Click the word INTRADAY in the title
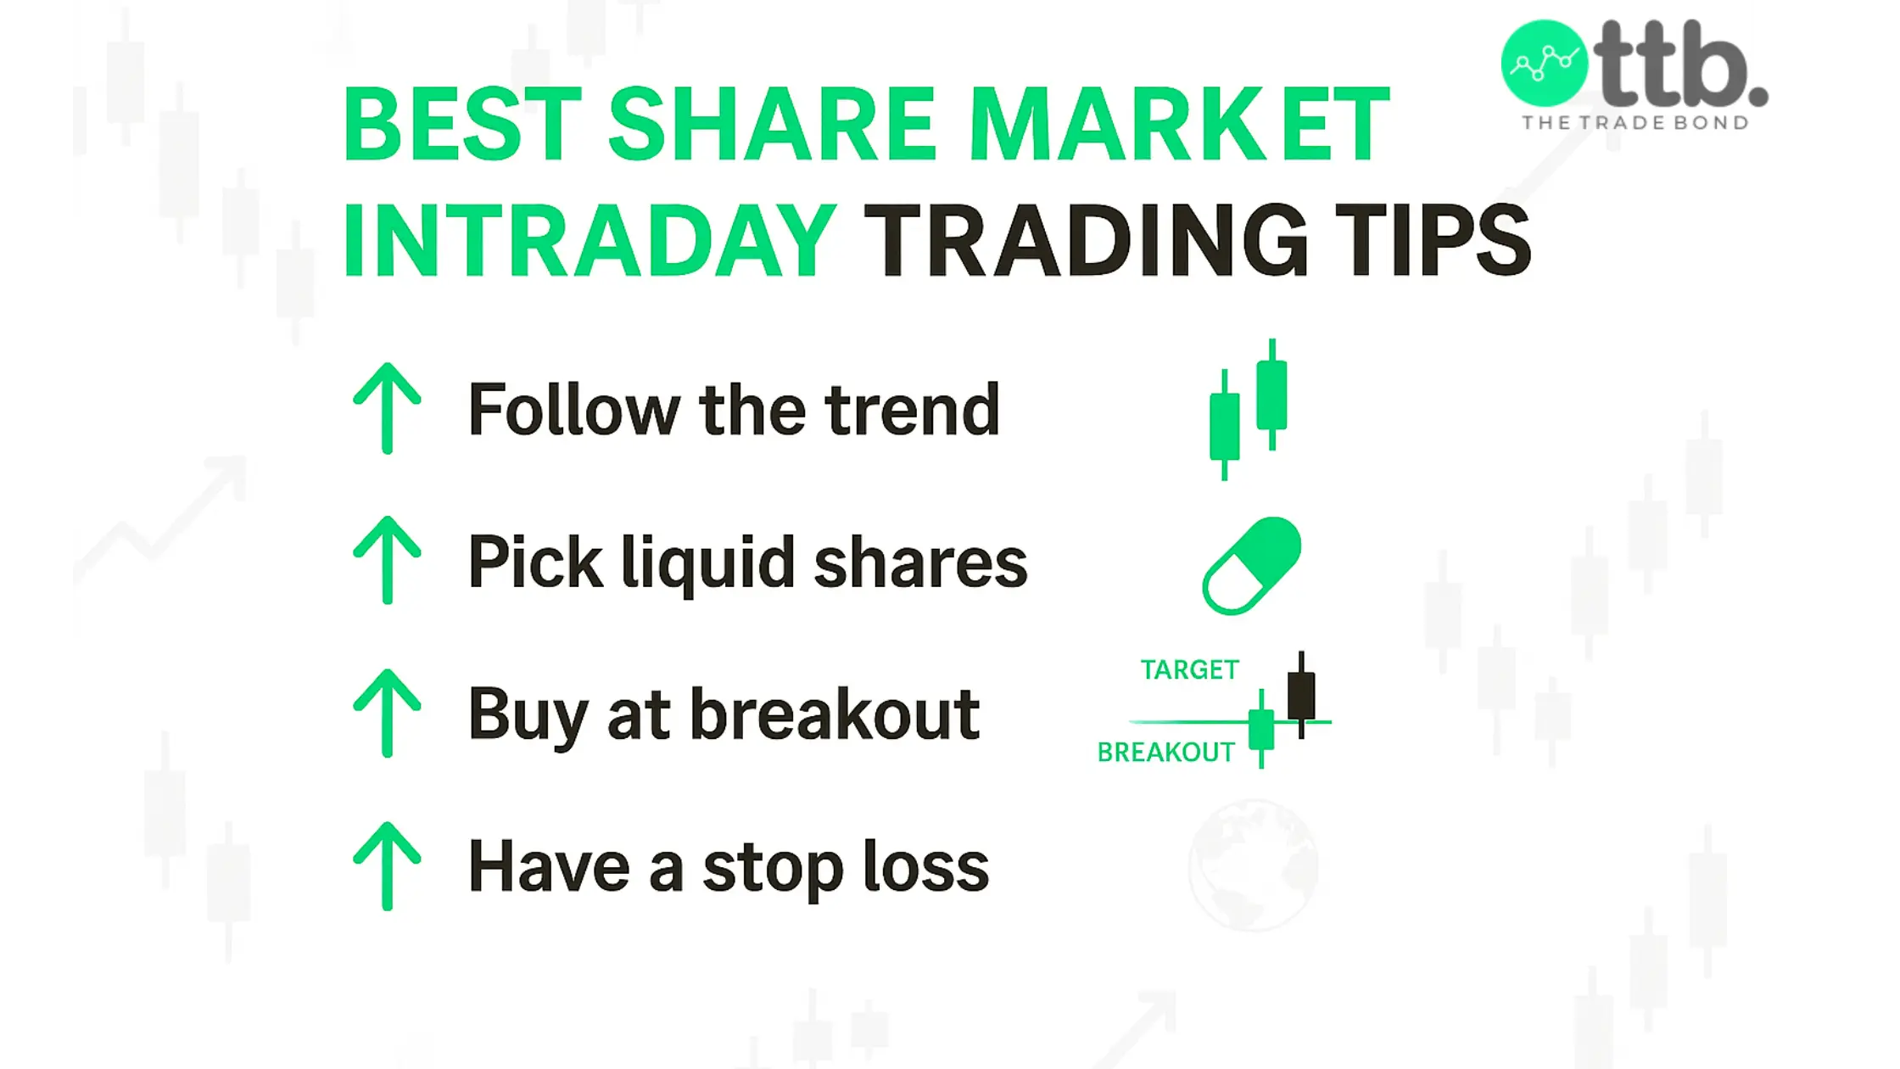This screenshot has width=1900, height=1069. tap(590, 240)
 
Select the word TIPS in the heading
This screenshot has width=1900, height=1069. tap(1433, 240)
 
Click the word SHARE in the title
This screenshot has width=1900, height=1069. tap(772, 124)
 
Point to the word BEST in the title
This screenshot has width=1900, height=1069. tap(462, 124)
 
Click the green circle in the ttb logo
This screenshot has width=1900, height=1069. tap(1544, 64)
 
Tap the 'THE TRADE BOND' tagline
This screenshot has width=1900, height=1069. tap(1635, 123)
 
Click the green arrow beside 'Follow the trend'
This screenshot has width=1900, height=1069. tap(387, 408)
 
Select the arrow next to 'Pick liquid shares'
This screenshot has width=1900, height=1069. tap(387, 560)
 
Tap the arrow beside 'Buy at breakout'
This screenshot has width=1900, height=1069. tap(387, 713)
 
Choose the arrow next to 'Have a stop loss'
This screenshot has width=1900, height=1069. tap(387, 866)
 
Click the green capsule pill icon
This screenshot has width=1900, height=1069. tap(1252, 565)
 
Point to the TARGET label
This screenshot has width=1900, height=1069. tap(1189, 670)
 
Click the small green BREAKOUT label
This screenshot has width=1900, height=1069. tap(1166, 753)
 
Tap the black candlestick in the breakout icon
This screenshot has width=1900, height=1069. tap(1301, 695)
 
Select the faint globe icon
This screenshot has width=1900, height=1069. tap(1254, 865)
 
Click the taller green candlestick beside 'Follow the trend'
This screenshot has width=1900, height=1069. tap(1271, 394)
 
